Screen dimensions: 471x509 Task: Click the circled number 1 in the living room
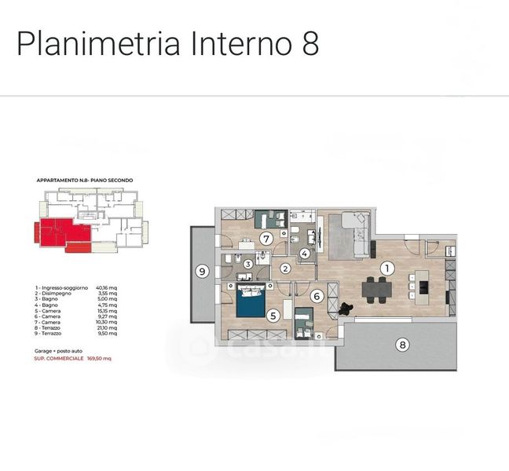386,268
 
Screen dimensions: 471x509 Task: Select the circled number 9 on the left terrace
202,272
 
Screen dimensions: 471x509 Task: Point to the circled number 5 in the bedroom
273,316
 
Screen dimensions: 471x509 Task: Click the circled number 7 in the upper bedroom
266,238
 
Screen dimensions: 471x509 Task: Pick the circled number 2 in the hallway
286,268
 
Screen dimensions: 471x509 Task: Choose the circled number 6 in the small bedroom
317,297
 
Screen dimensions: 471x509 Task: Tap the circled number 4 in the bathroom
305,254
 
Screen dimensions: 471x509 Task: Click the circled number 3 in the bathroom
247,265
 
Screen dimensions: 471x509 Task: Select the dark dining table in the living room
378,289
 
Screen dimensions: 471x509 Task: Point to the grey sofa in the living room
349,235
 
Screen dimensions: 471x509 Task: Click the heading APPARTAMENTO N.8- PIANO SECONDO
85,181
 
